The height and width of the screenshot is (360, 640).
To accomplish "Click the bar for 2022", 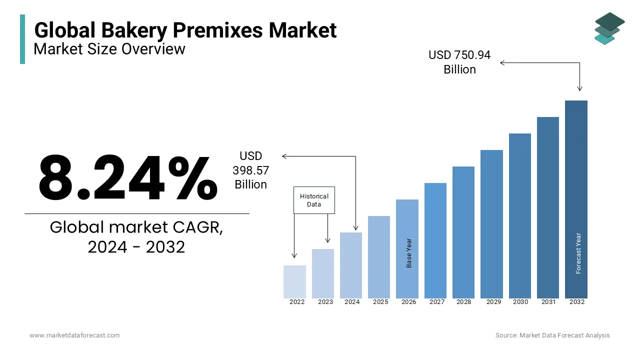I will (294, 281).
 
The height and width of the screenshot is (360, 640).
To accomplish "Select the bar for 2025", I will (379, 257).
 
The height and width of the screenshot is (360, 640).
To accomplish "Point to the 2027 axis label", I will (437, 302).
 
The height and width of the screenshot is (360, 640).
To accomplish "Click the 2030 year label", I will (520, 302).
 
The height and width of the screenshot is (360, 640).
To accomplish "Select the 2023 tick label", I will (325, 302).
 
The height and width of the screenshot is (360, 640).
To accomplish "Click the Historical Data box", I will (314, 200).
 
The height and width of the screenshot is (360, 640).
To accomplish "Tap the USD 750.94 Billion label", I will (459, 62).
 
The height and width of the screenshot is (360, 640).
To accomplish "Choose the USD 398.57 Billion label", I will (250, 170).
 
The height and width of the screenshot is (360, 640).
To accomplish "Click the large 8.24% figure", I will (128, 178).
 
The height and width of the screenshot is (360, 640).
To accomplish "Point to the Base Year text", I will (409, 253).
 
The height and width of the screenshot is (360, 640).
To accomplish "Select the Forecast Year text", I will (578, 253).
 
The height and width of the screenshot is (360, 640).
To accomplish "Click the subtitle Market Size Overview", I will (109, 49).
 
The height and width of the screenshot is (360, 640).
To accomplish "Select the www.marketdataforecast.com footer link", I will (74, 335).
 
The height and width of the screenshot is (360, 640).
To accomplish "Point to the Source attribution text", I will (552, 335).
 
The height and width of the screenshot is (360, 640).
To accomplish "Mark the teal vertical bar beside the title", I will (22, 39).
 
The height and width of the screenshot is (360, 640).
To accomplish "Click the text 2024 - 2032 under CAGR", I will (136, 247).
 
